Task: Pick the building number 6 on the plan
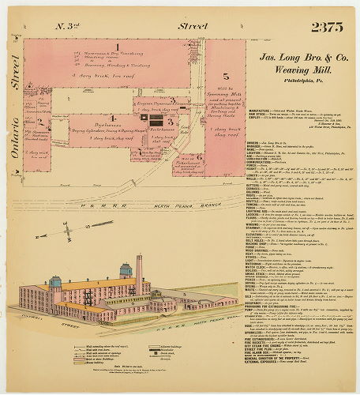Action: coord(201,157)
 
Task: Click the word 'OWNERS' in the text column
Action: coord(253,143)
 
